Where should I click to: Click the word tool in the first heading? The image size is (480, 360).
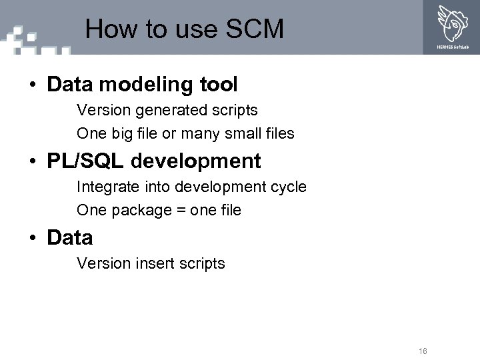(x=218, y=85)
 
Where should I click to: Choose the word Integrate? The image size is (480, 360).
(x=105, y=187)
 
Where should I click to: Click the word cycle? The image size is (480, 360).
(x=288, y=187)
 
